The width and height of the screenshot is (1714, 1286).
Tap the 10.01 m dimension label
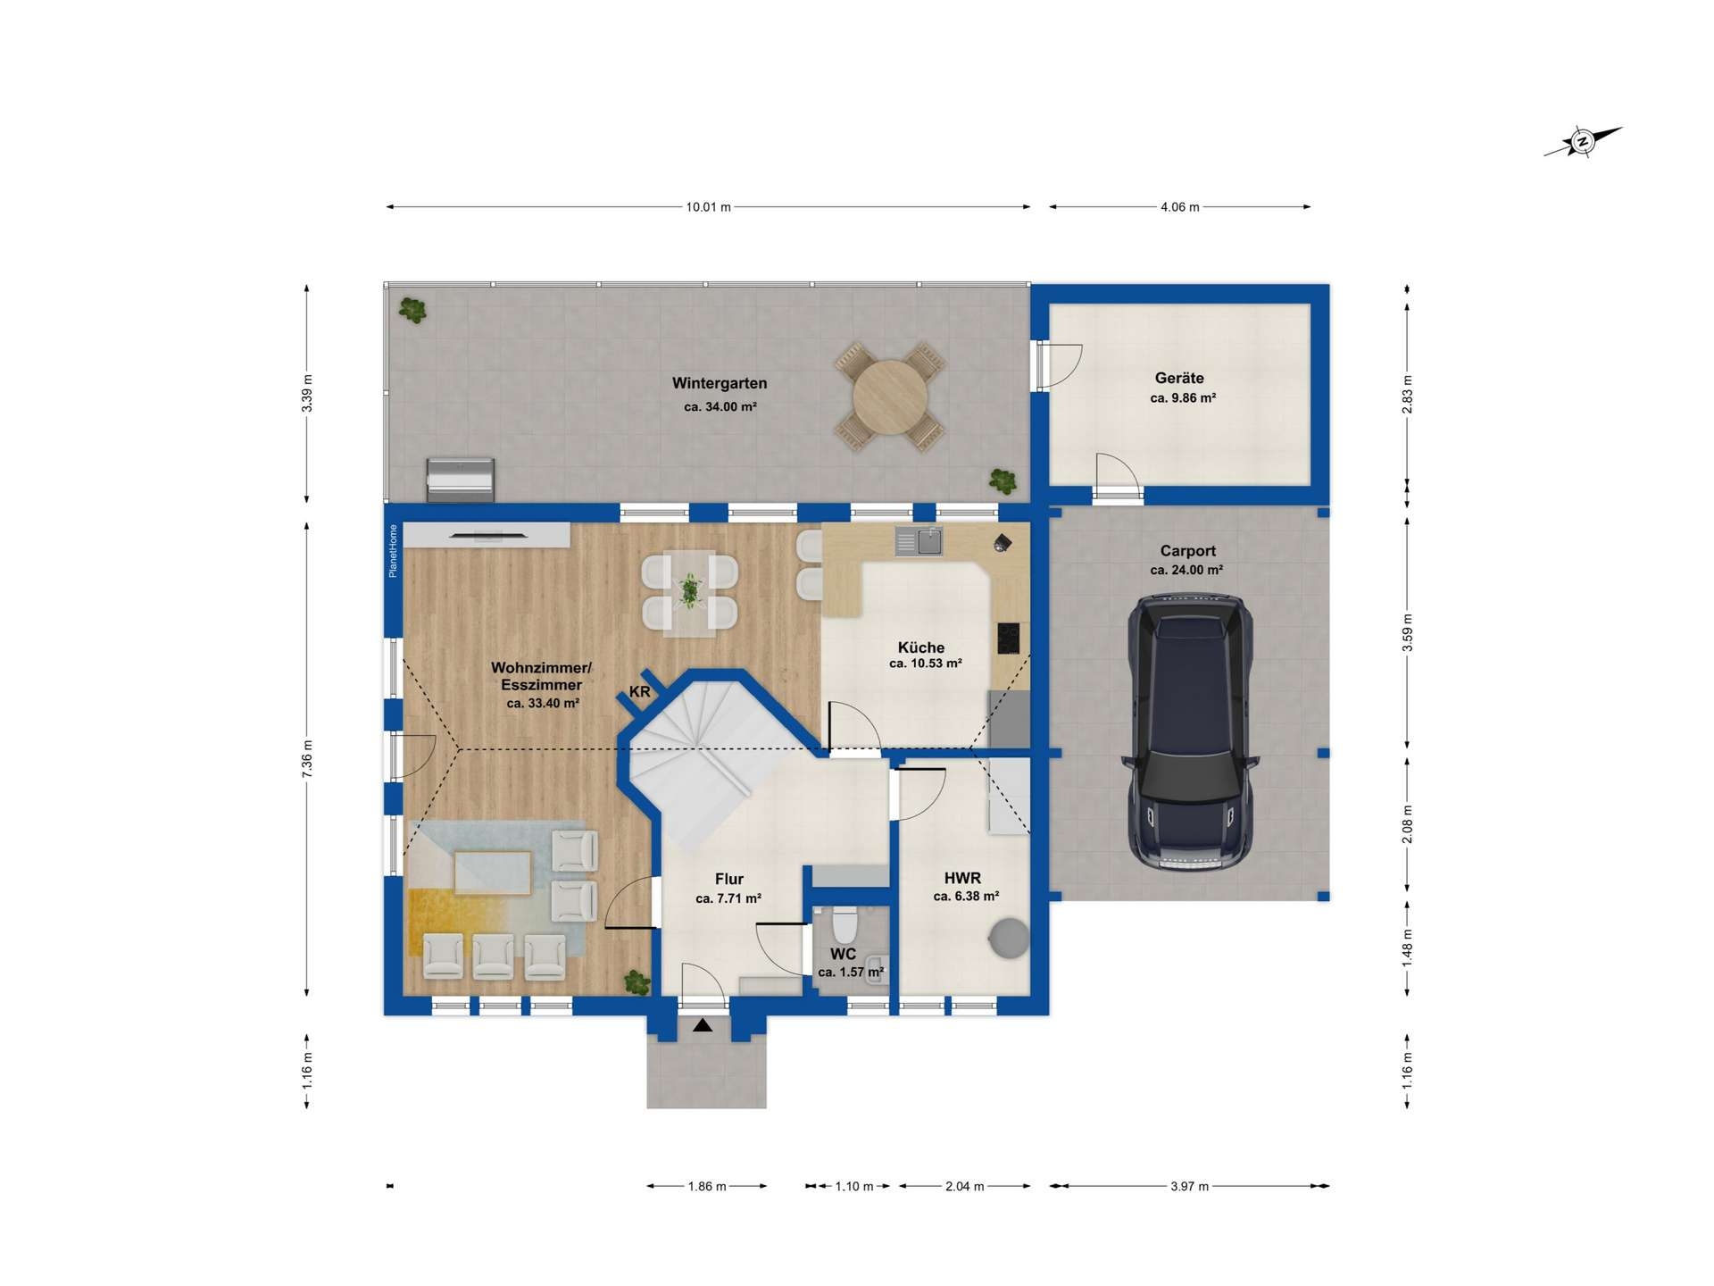coord(708,207)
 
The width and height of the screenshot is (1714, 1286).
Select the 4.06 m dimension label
coord(1179,207)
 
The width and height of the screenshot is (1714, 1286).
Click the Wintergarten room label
coord(720,384)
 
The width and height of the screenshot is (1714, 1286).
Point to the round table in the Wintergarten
coord(890,397)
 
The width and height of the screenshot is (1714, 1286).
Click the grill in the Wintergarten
coord(461,480)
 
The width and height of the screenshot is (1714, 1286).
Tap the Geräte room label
coord(1179,378)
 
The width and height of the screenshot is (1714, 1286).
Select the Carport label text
coord(1188,551)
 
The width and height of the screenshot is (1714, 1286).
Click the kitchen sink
coord(919,540)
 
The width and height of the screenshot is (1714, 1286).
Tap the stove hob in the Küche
coord(1009,638)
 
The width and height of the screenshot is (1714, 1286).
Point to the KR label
coord(639,692)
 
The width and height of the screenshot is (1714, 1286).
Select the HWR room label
coord(962,879)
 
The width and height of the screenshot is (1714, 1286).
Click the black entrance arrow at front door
coord(703,1025)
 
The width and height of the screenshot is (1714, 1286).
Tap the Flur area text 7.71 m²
coord(728,899)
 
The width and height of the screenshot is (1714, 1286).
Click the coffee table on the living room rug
coord(493,873)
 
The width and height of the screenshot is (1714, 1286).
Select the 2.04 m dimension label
coord(964,1187)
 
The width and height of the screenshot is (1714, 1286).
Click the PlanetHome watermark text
coord(393,551)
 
